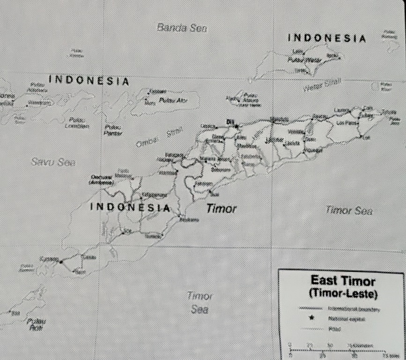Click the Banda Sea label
click(182, 28)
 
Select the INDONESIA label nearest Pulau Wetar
click(326, 38)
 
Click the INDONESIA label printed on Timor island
click(130, 207)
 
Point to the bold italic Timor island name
click(221, 209)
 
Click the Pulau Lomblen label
click(77, 123)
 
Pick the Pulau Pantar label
click(112, 130)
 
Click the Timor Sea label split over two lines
click(200, 303)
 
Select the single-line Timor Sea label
click(349, 210)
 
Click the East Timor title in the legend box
click(343, 281)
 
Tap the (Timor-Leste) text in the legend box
click(343, 293)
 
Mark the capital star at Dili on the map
click(236, 126)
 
